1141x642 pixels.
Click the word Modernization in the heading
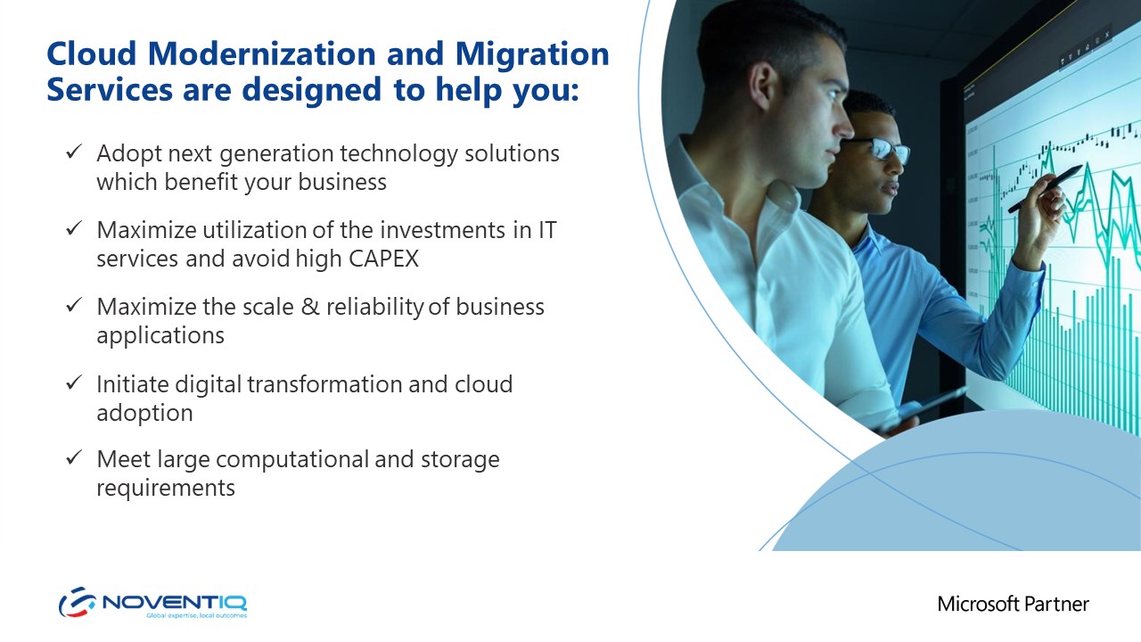tap(262, 53)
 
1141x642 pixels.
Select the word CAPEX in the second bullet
tap(383, 259)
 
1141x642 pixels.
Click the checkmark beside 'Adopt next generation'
tap(74, 151)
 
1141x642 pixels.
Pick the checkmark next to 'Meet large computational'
tap(74, 457)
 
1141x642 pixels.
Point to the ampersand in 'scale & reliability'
tap(310, 308)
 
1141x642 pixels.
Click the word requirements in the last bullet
tap(166, 488)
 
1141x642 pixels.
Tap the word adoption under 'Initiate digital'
tap(144, 412)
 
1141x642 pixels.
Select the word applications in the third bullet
tap(160, 336)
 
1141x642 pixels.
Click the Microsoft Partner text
tap(1013, 604)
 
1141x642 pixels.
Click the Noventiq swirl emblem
tap(78, 602)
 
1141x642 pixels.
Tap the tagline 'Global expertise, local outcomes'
tap(197, 615)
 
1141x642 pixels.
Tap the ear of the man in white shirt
tap(763, 86)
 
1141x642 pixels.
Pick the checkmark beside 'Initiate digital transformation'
tap(74, 382)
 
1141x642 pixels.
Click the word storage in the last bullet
tap(460, 460)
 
